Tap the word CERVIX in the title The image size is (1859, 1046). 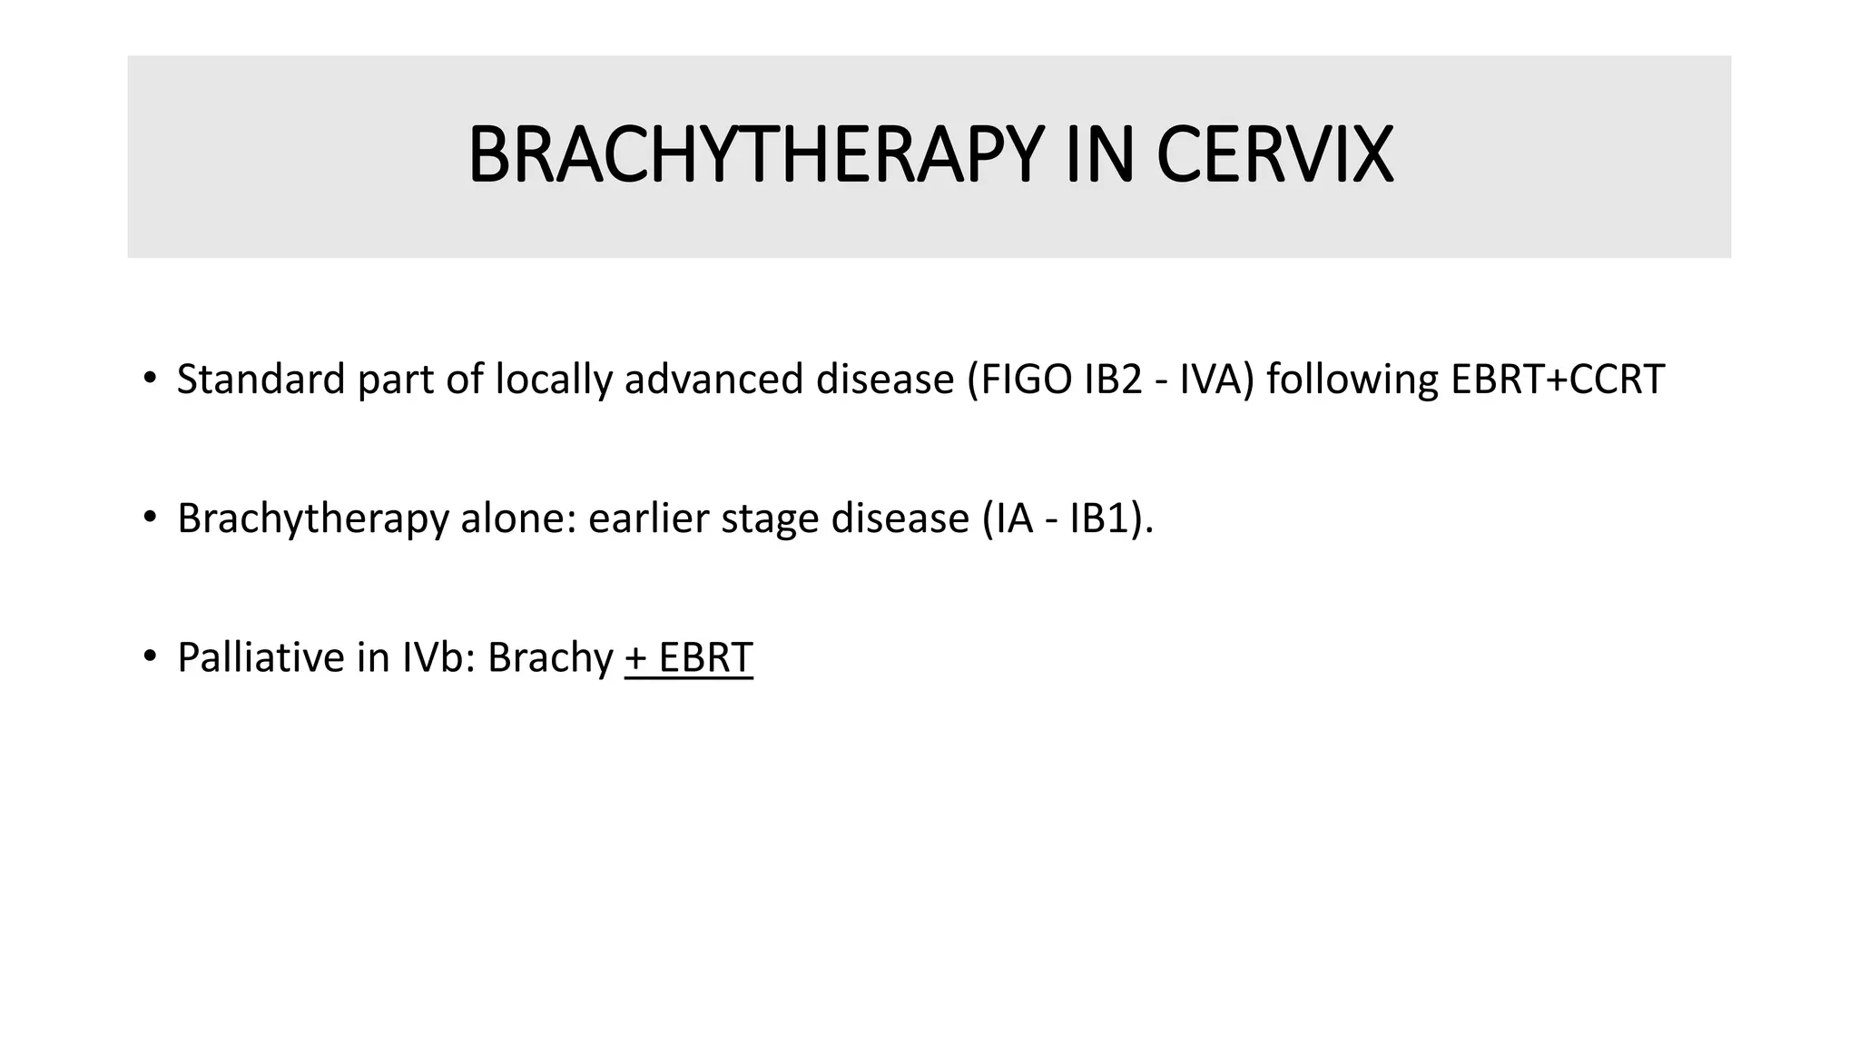tap(1274, 156)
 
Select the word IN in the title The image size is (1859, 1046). tap(1099, 156)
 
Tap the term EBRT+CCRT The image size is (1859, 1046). tap(1558, 380)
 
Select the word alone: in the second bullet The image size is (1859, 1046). tap(518, 518)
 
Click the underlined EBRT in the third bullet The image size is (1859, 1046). tap(705, 658)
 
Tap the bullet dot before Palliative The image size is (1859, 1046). tap(150, 656)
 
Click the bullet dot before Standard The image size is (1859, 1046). tap(150, 378)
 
